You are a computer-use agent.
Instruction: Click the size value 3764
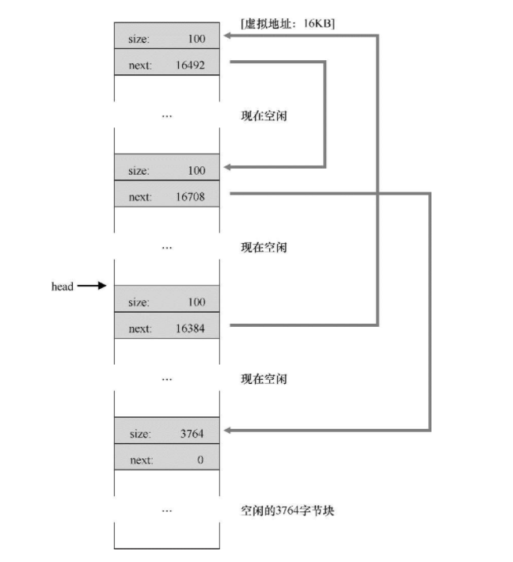[192, 433]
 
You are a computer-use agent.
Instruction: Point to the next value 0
[200, 460]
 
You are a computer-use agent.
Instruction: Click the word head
[63, 287]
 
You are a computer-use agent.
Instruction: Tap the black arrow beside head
[92, 287]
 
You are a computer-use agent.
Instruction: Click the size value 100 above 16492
[196, 39]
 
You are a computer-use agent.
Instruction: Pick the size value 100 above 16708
[196, 170]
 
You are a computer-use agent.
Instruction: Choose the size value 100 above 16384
[196, 302]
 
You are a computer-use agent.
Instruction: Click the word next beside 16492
[139, 66]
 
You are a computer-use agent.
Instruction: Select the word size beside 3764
[139, 433]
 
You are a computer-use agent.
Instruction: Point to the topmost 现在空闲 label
[264, 116]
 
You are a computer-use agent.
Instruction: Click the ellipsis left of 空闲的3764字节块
[165, 511]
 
